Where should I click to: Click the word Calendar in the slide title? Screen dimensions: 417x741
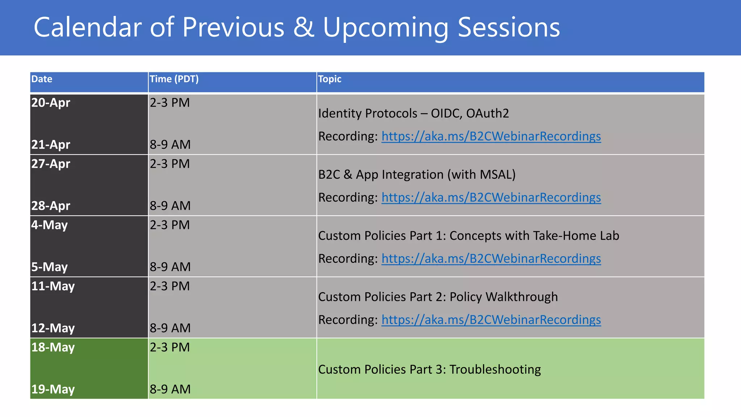point(87,27)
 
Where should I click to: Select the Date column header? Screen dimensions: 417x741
point(42,79)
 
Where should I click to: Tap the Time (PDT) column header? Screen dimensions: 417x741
point(174,79)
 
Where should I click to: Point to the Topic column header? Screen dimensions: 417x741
point(329,79)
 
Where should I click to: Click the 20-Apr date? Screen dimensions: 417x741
point(51,103)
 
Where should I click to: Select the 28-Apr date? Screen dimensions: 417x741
point(51,206)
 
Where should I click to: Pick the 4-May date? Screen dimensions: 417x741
point(49,225)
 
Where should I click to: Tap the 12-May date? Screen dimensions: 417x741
point(53,328)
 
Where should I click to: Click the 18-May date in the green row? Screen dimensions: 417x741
point(53,347)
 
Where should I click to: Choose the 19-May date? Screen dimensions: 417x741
point(53,389)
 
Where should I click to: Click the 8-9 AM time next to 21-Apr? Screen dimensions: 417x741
point(170,145)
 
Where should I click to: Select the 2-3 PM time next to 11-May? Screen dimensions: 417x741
point(170,286)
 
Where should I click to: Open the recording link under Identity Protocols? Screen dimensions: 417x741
point(491,136)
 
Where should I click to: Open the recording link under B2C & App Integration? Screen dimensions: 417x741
point(491,198)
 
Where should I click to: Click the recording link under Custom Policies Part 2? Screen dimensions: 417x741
point(491,320)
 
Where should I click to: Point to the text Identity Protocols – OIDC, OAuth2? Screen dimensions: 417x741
point(413,114)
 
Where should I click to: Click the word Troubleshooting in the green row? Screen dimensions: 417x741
point(495,370)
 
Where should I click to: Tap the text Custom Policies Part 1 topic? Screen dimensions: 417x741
point(468,236)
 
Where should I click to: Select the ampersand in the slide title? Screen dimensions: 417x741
point(304,27)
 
